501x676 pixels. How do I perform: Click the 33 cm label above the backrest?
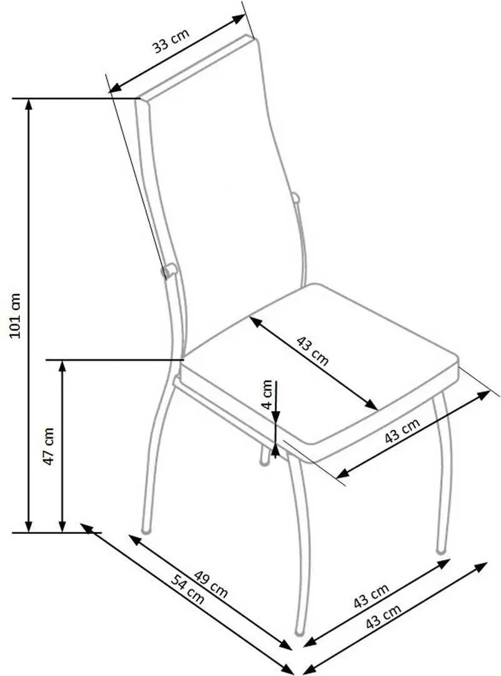[x=171, y=41]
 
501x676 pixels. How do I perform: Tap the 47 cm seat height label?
[x=49, y=446]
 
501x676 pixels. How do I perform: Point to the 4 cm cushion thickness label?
[x=267, y=394]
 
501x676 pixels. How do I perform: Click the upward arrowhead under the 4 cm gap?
[x=276, y=449]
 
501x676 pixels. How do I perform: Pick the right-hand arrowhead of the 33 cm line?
[x=239, y=19]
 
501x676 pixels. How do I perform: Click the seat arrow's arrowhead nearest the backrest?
[x=256, y=322]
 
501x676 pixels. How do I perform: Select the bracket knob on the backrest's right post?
[x=295, y=198]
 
